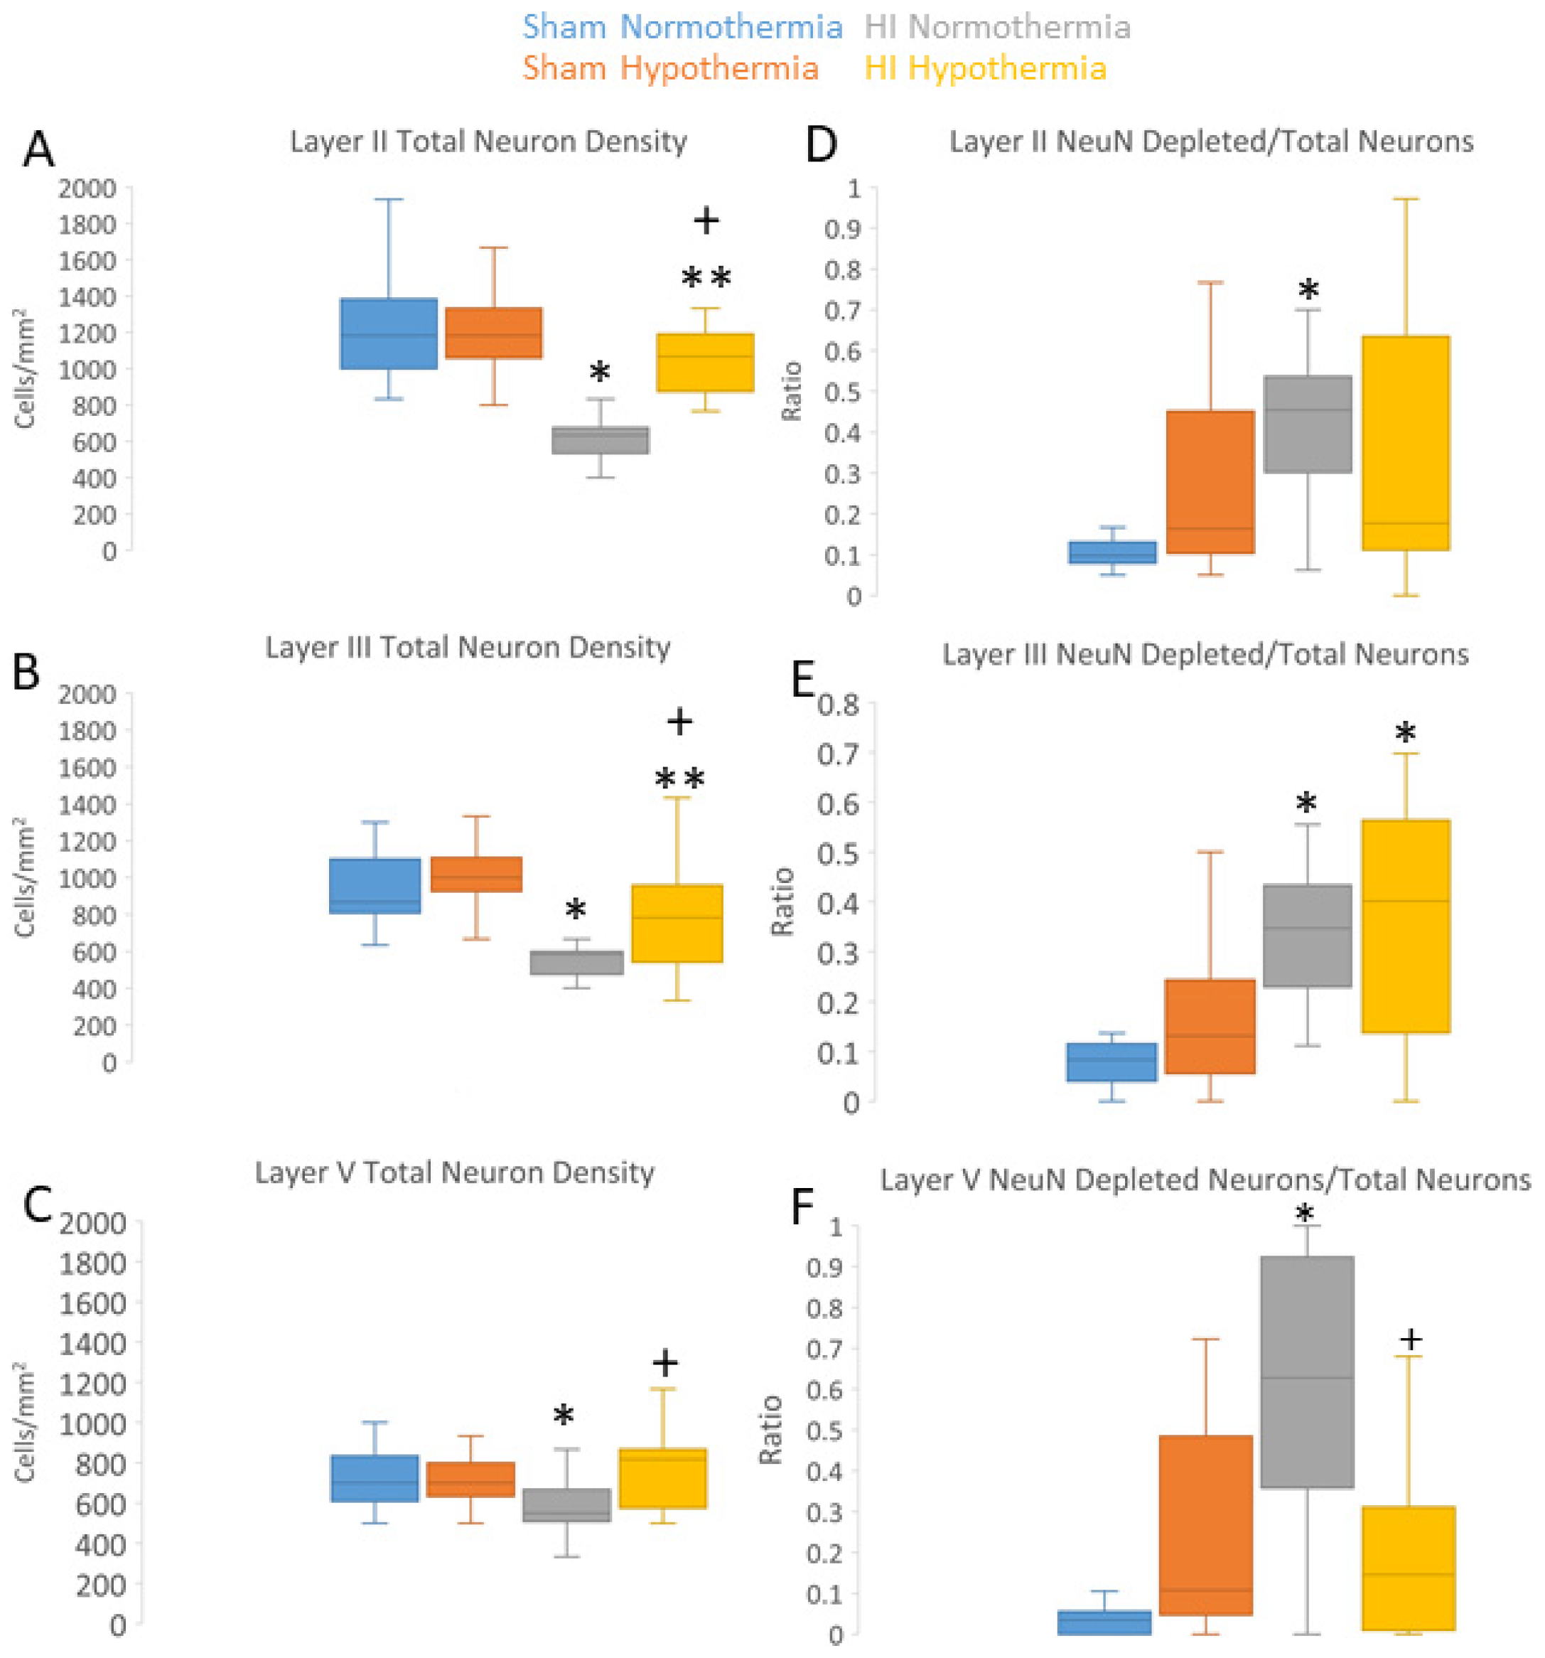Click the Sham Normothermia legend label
click(682, 28)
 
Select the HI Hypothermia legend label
click(985, 68)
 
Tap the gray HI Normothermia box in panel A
click(600, 439)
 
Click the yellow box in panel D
click(1405, 442)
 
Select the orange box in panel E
click(1209, 1025)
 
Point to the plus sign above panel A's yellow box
click(706, 221)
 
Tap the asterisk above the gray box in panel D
click(1308, 291)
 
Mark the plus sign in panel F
click(1410, 1339)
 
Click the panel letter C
click(38, 1204)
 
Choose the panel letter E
click(802, 680)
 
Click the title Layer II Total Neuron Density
click(488, 141)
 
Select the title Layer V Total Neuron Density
click(454, 1172)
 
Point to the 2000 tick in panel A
click(87, 188)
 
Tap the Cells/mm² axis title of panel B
click(25, 877)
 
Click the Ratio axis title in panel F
click(770, 1428)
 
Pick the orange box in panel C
click(470, 1480)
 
